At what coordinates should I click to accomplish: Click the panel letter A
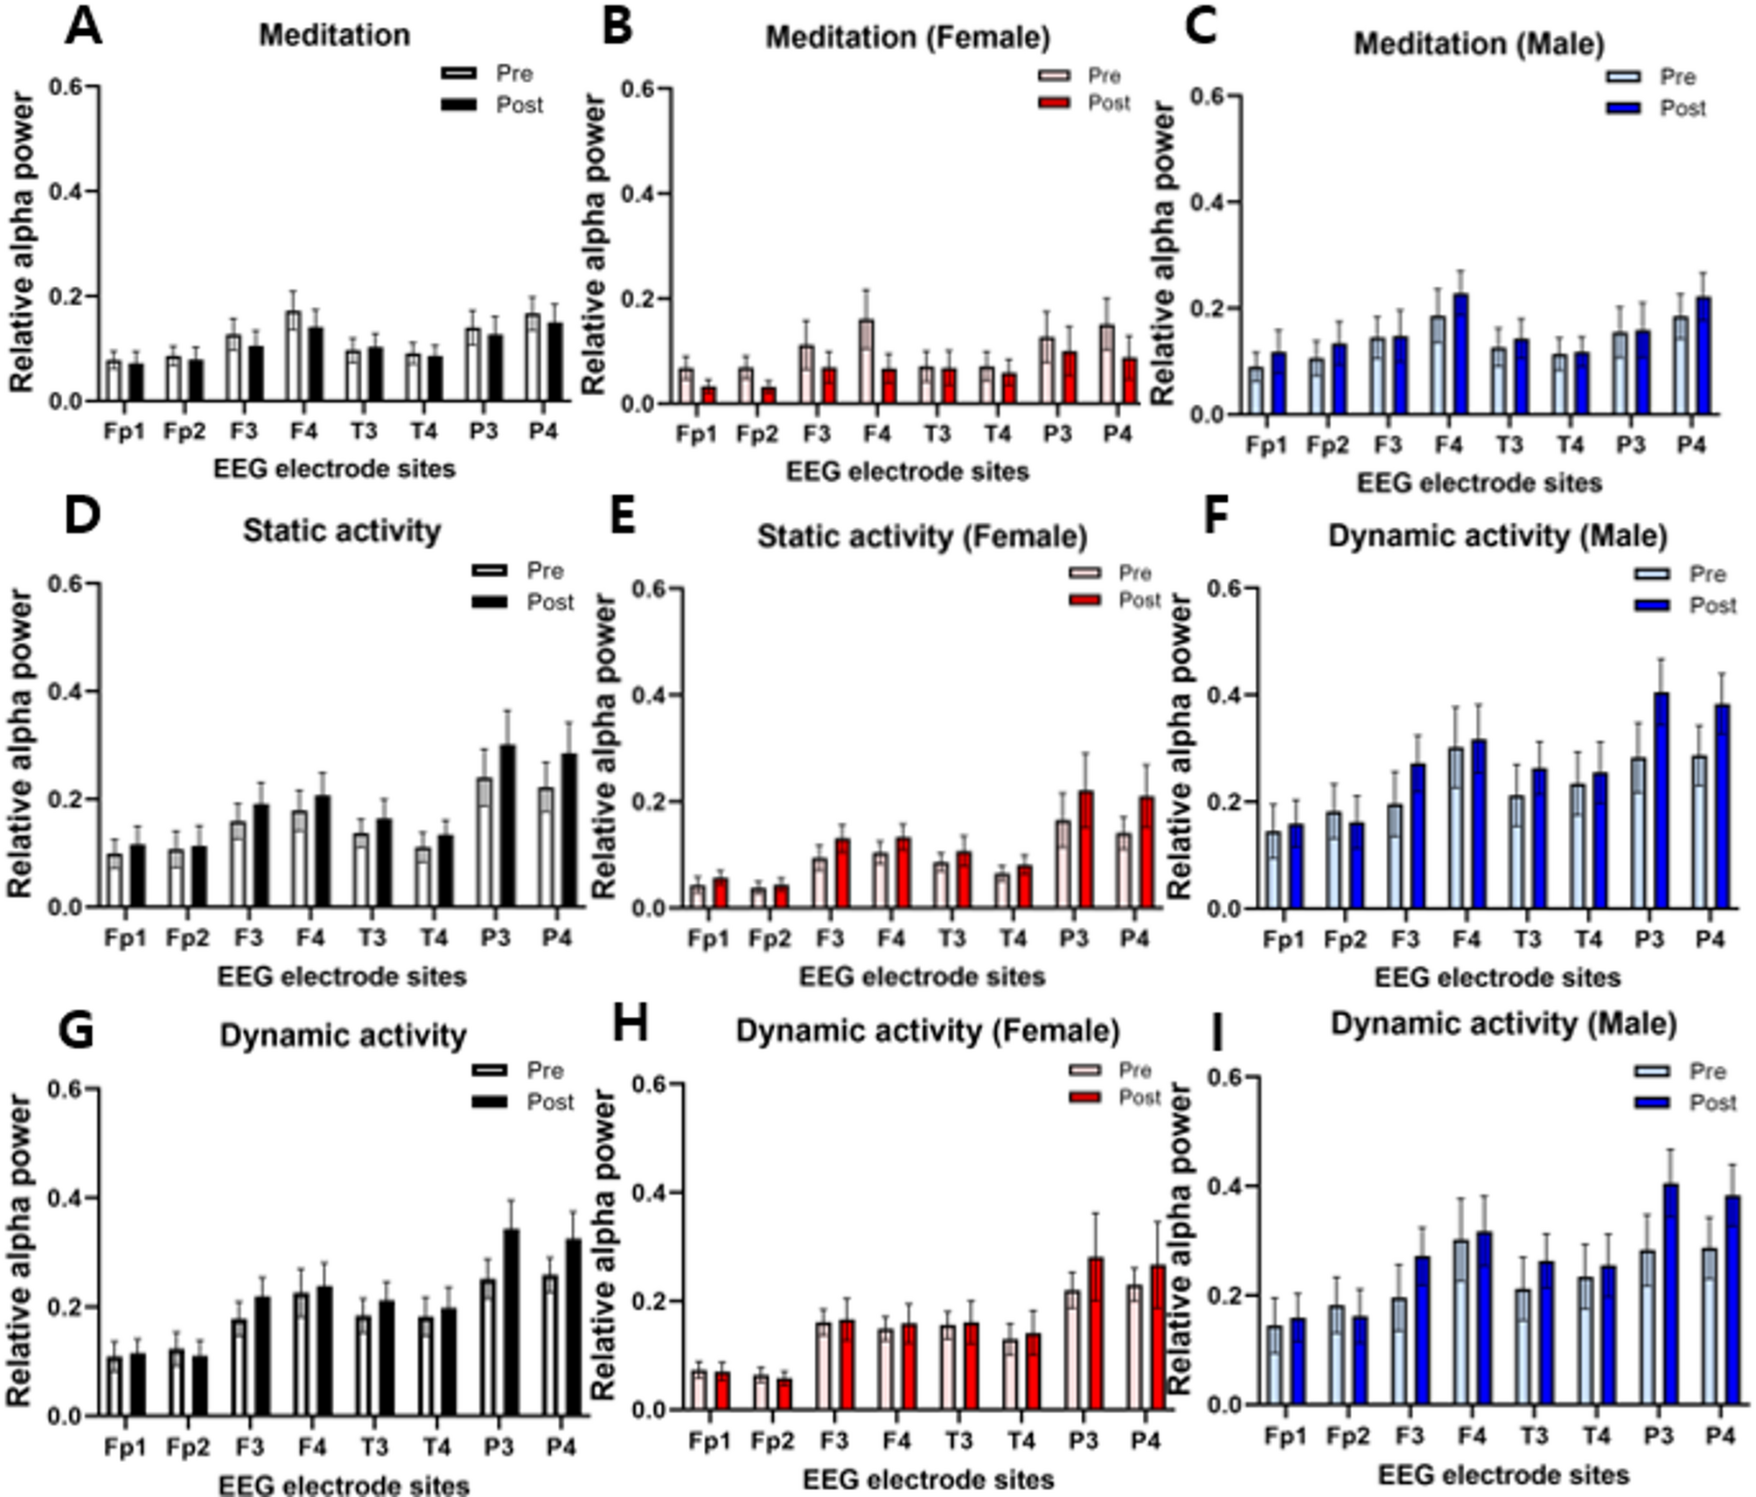coord(83,26)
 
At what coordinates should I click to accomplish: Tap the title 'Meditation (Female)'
coord(908,38)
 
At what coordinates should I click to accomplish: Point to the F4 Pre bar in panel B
coord(866,361)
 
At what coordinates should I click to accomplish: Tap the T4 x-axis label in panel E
coord(1012,939)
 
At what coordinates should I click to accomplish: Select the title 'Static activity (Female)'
coord(922,536)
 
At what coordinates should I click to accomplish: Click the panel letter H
coord(630,1025)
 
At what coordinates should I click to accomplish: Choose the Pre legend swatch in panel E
coord(1085,574)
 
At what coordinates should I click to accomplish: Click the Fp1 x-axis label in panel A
coord(124,432)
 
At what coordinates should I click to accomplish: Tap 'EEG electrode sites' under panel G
coord(343,1485)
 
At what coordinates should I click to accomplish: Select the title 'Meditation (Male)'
coord(1479,44)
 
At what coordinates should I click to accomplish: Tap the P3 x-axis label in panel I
coord(1658,1436)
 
